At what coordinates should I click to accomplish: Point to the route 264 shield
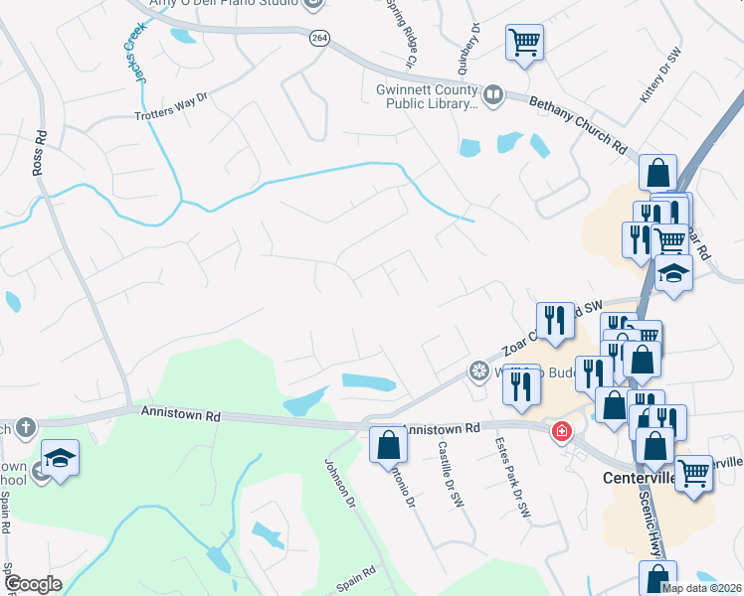click(x=318, y=38)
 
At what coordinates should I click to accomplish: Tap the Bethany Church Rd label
click(x=578, y=122)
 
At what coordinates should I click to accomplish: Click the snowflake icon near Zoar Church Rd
click(x=478, y=372)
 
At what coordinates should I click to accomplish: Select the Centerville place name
click(x=640, y=478)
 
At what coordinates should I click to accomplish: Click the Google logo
click(x=33, y=584)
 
